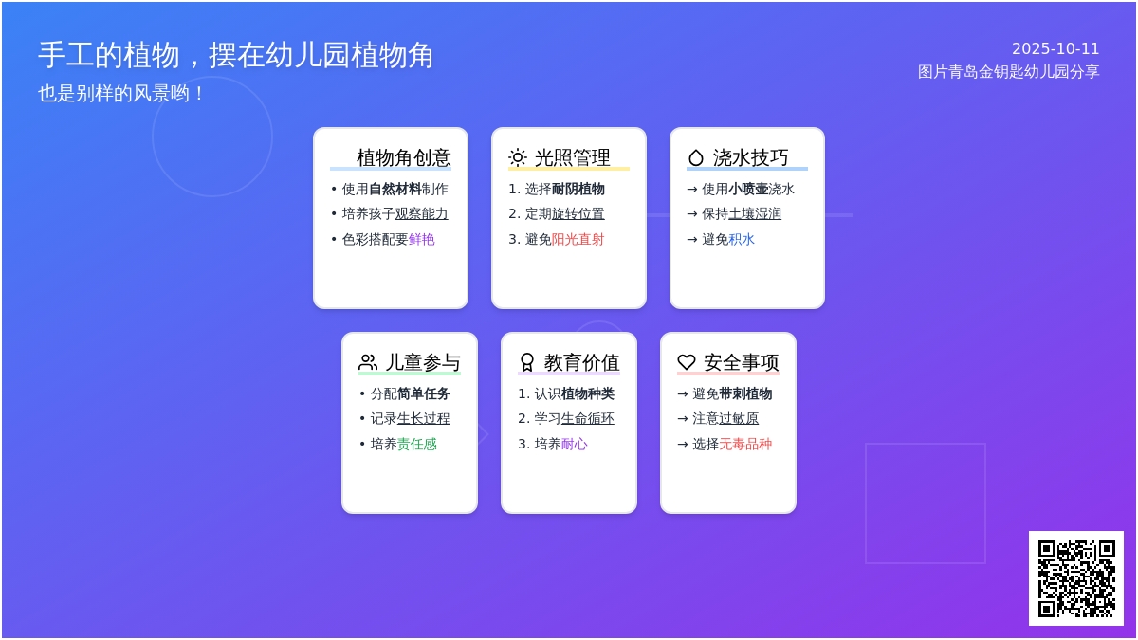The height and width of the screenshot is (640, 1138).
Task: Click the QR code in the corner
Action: (x=1076, y=578)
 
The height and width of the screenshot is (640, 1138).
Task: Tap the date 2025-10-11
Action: (x=1055, y=48)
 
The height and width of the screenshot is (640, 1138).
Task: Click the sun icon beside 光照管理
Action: (x=517, y=157)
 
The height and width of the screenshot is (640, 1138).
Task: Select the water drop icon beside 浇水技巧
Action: (x=695, y=157)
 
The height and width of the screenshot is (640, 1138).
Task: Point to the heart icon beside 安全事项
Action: (x=686, y=362)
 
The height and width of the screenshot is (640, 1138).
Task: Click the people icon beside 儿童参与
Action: (x=368, y=362)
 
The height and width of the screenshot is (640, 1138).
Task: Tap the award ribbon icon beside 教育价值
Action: (x=527, y=362)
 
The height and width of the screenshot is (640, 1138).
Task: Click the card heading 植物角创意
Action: (x=403, y=157)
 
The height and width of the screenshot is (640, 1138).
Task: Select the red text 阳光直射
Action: (x=578, y=239)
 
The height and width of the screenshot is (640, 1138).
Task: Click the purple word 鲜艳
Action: (x=422, y=239)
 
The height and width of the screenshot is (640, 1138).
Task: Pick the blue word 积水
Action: (x=742, y=239)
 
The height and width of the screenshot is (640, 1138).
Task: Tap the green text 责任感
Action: (x=416, y=444)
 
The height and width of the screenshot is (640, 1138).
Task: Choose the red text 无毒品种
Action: (x=745, y=444)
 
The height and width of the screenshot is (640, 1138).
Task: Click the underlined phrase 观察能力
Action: (x=422, y=214)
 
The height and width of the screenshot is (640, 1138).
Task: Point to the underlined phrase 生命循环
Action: (x=587, y=418)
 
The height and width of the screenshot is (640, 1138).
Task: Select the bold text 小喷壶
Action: (x=748, y=189)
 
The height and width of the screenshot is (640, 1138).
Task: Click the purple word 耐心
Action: (x=574, y=444)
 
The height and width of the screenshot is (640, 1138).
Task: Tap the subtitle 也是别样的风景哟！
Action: (x=121, y=94)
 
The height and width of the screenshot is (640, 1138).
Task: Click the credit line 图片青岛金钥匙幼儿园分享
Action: (x=1008, y=72)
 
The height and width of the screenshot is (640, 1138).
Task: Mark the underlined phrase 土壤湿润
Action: (x=755, y=214)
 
